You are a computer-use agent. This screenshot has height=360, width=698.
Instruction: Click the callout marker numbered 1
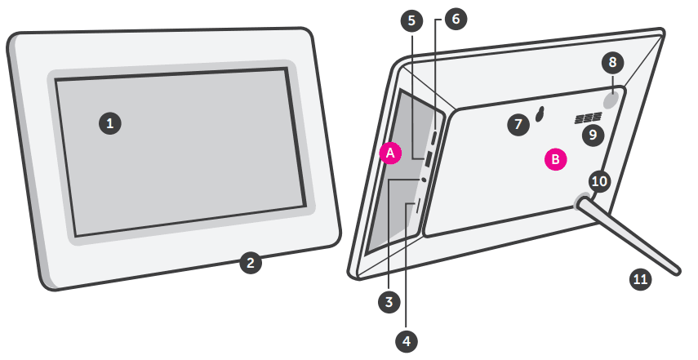pyautogui.click(x=109, y=123)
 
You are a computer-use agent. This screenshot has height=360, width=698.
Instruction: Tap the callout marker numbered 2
pyautogui.click(x=251, y=263)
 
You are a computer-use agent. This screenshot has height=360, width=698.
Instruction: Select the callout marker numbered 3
pyautogui.click(x=390, y=301)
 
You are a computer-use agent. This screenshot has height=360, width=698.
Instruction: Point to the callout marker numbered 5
pyautogui.click(x=412, y=20)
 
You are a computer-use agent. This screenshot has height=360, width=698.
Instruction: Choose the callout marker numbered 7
pyautogui.click(x=517, y=124)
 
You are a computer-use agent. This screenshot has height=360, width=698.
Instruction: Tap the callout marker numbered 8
pyautogui.click(x=614, y=61)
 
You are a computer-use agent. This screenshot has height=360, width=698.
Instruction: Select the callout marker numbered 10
pyautogui.click(x=600, y=181)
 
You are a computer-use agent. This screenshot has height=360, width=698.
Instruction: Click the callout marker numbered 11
pyautogui.click(x=641, y=279)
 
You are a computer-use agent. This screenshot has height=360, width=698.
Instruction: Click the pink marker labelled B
pyautogui.click(x=555, y=159)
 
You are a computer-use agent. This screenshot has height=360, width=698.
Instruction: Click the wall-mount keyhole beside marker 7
pyautogui.click(x=540, y=115)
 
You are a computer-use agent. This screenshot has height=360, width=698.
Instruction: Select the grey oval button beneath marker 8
pyautogui.click(x=613, y=98)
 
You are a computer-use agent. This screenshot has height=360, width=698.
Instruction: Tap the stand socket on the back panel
pyautogui.click(x=584, y=202)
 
